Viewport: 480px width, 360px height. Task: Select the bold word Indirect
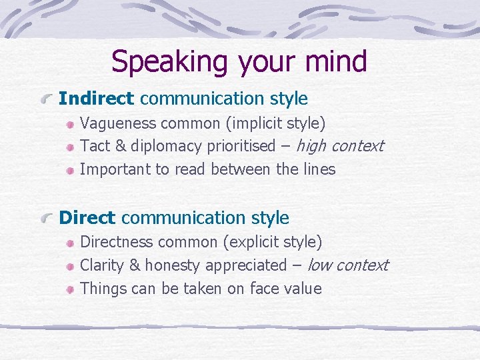[97, 99]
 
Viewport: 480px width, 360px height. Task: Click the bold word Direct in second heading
[87, 218]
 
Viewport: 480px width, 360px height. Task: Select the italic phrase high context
[339, 145]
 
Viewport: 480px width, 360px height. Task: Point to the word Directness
[115, 241]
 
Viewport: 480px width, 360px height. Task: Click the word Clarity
[101, 265]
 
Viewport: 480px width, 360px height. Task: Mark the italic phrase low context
[347, 265]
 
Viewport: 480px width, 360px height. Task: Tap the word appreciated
[245, 265]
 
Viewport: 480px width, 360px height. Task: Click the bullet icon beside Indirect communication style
[46, 99]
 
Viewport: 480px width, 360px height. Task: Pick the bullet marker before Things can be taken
[70, 289]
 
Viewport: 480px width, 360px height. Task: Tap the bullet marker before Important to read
[70, 170]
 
